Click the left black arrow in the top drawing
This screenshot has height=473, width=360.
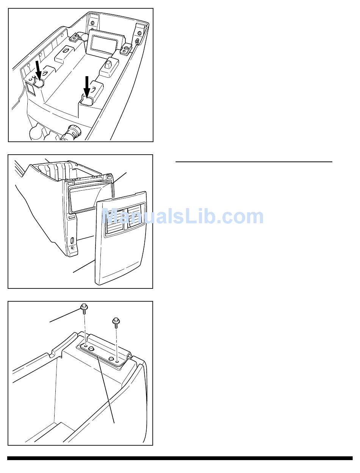38,70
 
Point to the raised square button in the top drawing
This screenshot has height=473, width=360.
108,65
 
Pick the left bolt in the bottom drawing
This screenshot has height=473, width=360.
84,309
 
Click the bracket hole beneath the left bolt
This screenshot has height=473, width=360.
86,345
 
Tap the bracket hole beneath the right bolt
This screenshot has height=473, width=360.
117,361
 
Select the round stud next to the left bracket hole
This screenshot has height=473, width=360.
91,348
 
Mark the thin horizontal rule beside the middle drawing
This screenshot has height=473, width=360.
254,161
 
